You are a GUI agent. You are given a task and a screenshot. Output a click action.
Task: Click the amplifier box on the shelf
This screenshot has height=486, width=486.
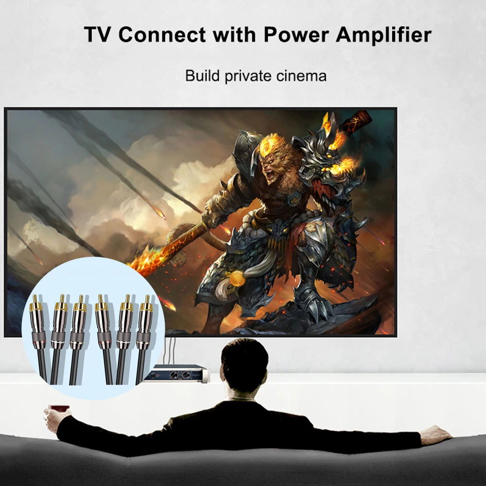[178, 373]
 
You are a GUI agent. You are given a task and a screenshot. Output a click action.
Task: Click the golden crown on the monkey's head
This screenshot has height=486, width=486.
[270, 145]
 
